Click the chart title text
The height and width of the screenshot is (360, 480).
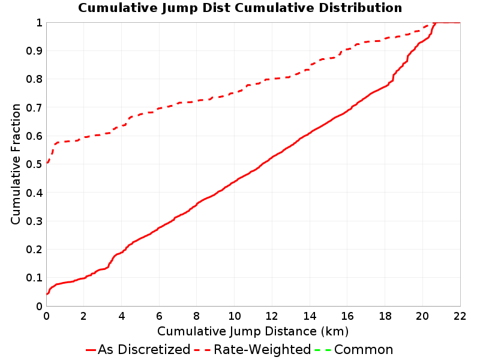[x=240, y=8]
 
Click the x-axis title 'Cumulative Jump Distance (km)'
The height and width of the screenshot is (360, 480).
[x=253, y=332]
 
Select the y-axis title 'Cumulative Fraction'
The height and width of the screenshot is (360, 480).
[x=16, y=164]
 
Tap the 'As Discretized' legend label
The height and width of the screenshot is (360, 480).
[x=144, y=350]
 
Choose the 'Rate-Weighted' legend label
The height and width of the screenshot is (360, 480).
[x=262, y=350]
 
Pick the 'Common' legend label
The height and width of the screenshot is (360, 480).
[x=364, y=350]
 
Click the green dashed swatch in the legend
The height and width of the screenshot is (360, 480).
[x=323, y=350]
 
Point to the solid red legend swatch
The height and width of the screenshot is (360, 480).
[x=91, y=350]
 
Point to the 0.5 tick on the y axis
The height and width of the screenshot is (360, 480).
[x=34, y=164]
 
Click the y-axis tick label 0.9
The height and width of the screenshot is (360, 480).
[x=34, y=51]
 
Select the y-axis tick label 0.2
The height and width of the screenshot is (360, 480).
[x=34, y=250]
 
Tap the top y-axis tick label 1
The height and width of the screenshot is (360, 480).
[x=39, y=23]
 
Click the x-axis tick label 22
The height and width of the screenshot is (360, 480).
[x=460, y=316]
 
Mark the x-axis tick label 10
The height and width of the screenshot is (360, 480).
[x=234, y=316]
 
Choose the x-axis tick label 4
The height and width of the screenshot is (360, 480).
[x=122, y=316]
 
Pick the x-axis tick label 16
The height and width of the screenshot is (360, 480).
[x=347, y=316]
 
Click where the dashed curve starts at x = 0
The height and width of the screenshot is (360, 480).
[x=47, y=163]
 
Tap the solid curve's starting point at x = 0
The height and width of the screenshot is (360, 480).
[x=47, y=294]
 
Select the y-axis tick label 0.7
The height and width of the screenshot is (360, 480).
[x=34, y=108]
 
